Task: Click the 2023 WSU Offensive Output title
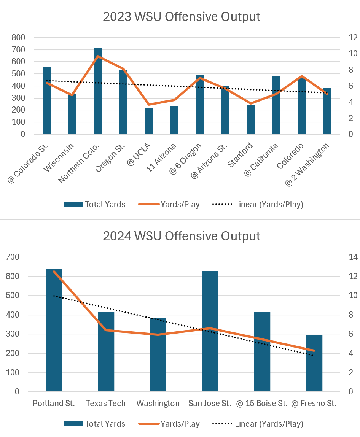[x=182, y=17]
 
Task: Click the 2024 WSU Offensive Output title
[x=182, y=236]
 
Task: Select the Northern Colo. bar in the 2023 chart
[x=97, y=91]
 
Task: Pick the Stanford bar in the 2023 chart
[x=250, y=119]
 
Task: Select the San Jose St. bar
[x=210, y=331]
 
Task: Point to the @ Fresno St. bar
[x=314, y=363]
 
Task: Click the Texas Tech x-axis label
[x=106, y=404]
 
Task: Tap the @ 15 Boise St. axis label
[x=262, y=404]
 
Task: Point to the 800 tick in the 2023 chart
[x=18, y=37]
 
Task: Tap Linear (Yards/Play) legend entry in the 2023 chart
[x=269, y=205]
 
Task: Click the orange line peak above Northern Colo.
[x=98, y=56]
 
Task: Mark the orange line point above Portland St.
[x=54, y=272]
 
